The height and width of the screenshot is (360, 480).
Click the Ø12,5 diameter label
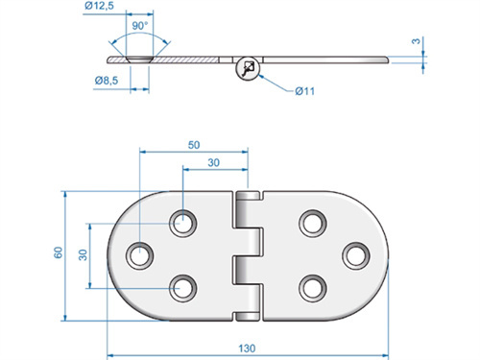tap(100, 9)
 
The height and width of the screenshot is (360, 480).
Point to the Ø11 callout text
tap(305, 90)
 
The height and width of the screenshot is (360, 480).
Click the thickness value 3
tap(416, 42)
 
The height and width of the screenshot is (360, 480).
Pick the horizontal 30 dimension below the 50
tap(217, 162)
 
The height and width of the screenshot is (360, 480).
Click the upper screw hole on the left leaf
tap(182, 223)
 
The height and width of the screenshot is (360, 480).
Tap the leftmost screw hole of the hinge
tap(142, 255)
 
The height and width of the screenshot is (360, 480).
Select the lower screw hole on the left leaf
tap(182, 286)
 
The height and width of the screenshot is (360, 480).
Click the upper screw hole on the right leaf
tap(312, 223)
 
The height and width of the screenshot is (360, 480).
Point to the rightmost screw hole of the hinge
tap(355, 255)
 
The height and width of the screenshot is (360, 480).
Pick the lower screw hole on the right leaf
tap(312, 286)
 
